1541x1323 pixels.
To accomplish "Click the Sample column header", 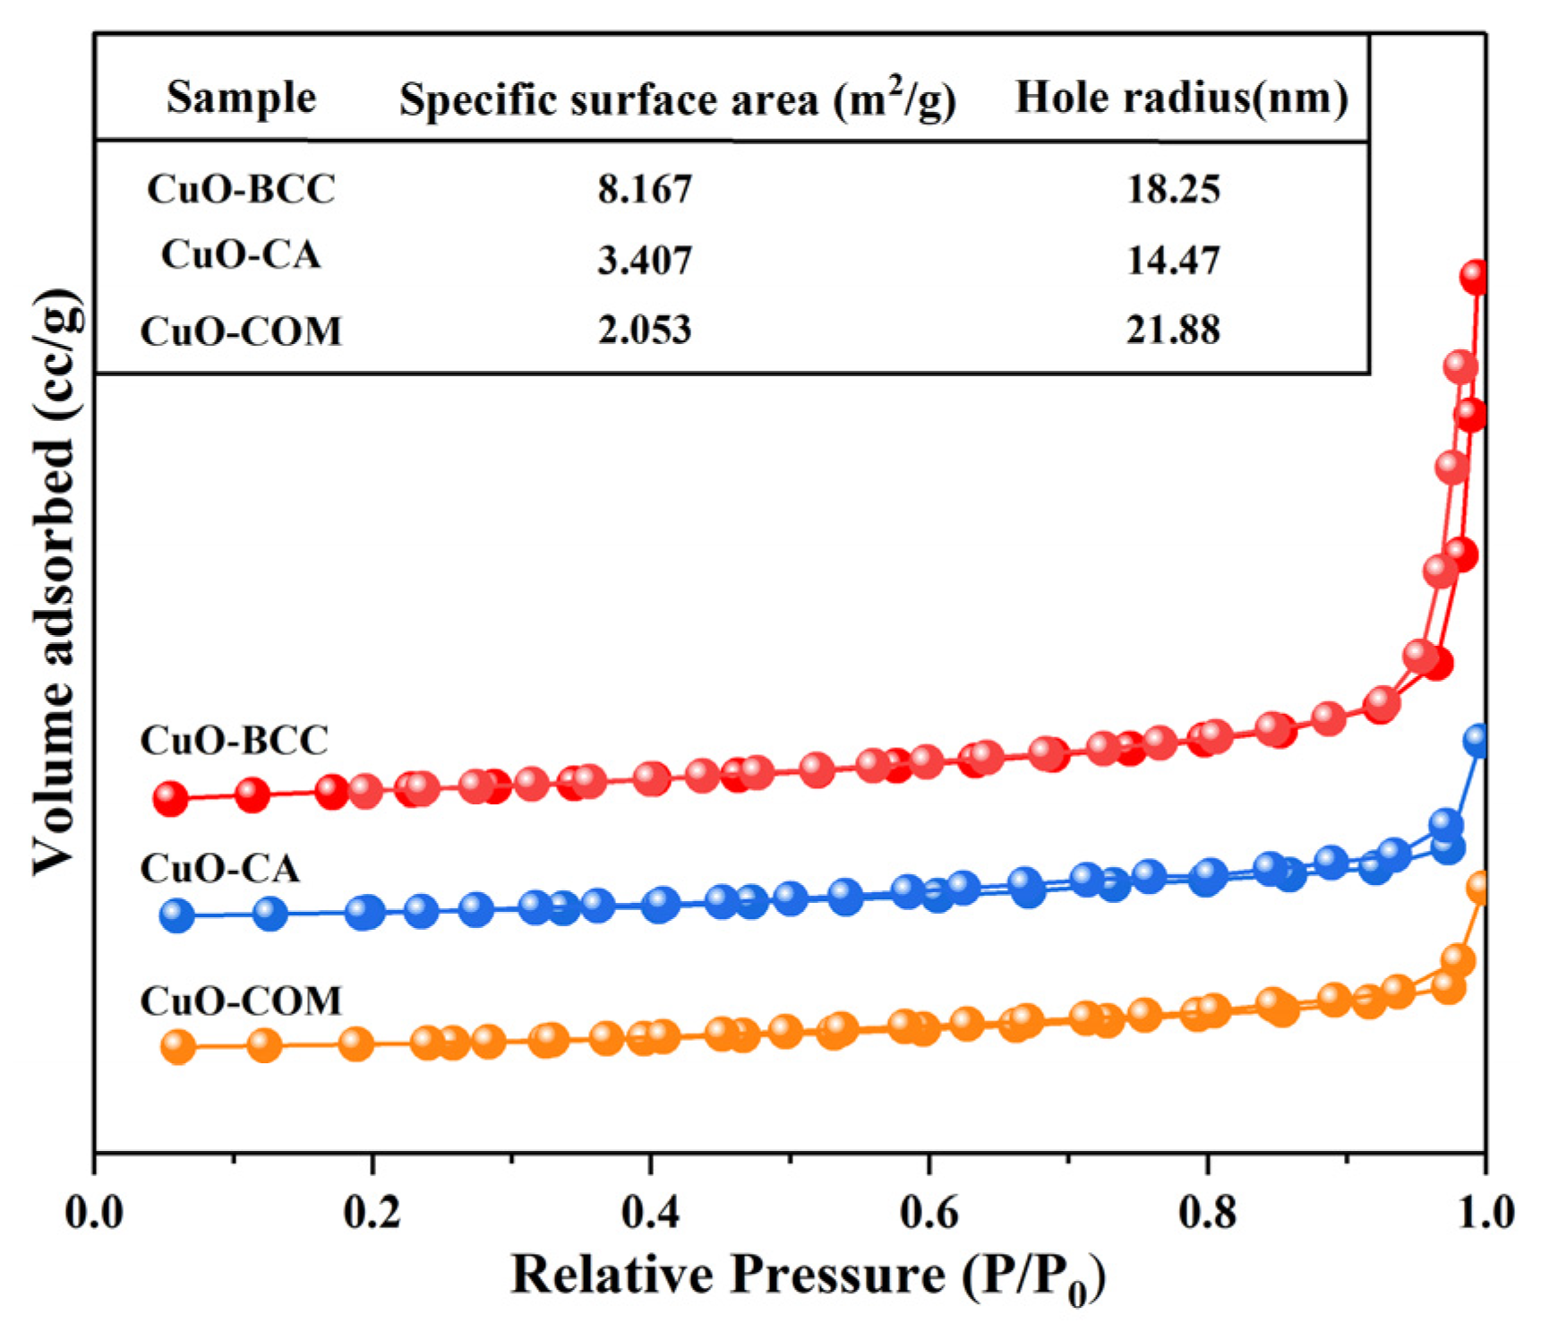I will click(241, 97).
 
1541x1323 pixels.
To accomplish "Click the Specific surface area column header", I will click(677, 99).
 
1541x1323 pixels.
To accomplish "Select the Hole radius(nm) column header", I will click(1181, 97).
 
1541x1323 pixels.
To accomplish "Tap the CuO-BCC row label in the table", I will click(241, 189).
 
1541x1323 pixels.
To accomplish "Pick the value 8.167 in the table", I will click(645, 189).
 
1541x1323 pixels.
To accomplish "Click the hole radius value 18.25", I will click(1173, 189).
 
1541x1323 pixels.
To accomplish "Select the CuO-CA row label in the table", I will click(241, 255).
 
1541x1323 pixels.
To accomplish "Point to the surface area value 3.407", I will click(645, 260).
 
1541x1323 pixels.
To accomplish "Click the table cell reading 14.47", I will click(1173, 260).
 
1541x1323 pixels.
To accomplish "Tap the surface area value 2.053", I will click(645, 330).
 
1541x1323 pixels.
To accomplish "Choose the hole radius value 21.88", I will click(1173, 330).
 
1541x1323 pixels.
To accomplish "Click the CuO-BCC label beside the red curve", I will click(235, 741).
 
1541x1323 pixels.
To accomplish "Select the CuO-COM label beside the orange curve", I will click(241, 1001).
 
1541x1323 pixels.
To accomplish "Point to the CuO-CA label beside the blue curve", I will click(219, 869).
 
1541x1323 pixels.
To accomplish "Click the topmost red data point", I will click(1476, 277).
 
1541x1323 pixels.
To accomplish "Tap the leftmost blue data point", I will click(177, 915).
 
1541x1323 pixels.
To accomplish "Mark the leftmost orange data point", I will click(177, 1045).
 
